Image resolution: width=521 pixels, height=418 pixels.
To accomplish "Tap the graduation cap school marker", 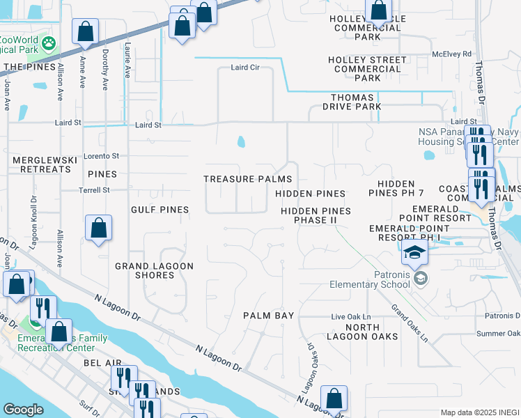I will coord(414,254).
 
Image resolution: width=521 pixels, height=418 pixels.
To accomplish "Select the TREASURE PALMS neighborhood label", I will coord(247,179).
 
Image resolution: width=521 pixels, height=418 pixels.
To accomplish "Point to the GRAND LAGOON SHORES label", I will coord(154,270).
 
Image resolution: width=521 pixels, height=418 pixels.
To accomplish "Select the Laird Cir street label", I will coord(245,68).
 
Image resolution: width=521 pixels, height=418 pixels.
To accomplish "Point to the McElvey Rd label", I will coord(451,54).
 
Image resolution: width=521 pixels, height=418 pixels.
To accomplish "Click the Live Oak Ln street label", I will coord(351,317).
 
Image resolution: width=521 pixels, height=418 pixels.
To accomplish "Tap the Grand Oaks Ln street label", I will coord(409,323).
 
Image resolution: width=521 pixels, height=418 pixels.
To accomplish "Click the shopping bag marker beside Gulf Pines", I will coord(99,228).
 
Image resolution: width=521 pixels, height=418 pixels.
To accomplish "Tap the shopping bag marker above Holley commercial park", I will coord(378,11).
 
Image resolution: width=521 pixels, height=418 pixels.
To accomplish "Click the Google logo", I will coord(23,410).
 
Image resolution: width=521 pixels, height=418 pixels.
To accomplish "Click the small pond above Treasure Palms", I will coord(241,142).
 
